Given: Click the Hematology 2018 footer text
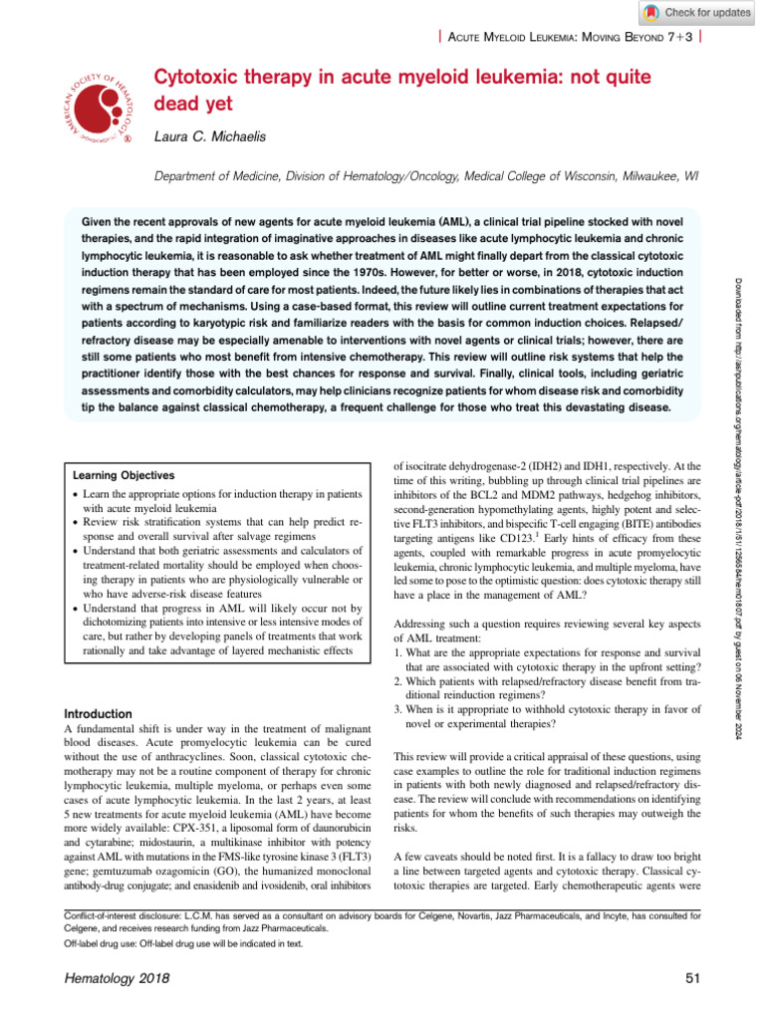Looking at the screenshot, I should coord(111,979).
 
